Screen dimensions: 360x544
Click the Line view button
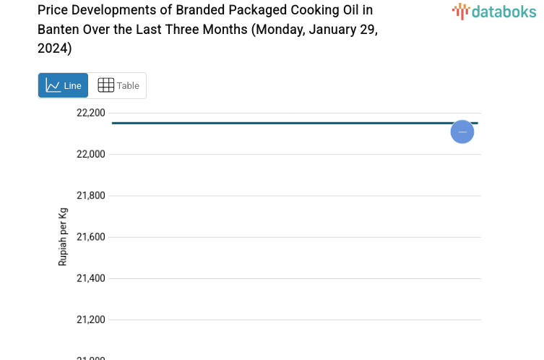63,85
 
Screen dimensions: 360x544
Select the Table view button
118,85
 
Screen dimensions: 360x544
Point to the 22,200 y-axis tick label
91,113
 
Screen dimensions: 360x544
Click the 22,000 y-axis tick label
91,154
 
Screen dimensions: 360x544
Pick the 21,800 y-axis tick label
91,195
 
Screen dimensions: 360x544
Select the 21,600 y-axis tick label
91,237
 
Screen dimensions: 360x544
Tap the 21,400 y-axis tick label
91,278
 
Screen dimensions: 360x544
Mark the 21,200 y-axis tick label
91,320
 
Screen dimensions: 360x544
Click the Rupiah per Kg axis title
63,237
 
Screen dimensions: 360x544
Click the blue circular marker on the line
462,132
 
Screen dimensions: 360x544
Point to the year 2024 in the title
53,48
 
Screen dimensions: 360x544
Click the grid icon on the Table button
105,85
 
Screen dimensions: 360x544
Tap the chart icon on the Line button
53,85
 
